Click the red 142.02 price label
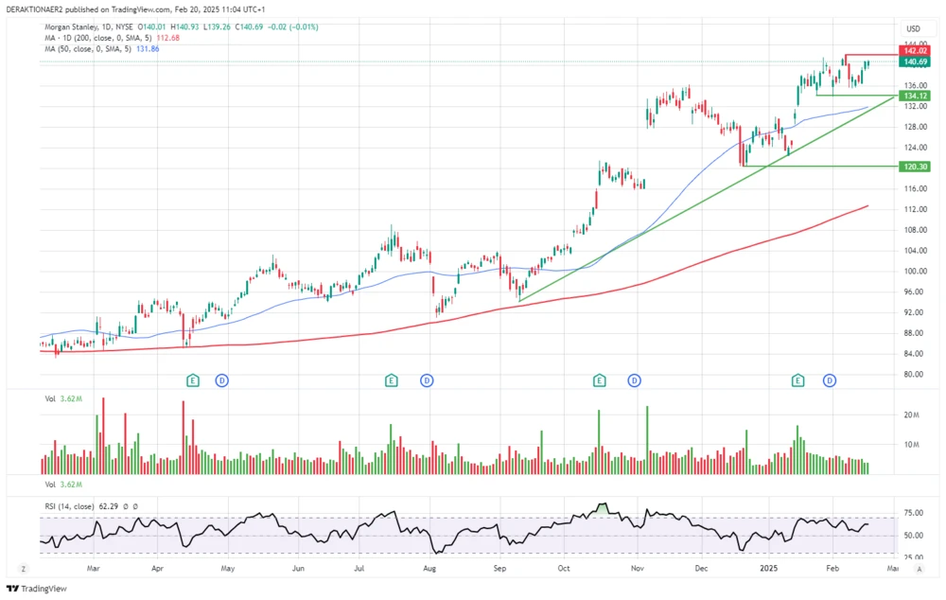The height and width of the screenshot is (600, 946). coord(914,52)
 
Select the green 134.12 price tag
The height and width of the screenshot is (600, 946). coord(914,96)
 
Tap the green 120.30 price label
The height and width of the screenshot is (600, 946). coord(914,166)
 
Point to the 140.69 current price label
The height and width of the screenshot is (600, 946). coord(914,62)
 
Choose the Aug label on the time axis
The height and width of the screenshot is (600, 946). coord(429,570)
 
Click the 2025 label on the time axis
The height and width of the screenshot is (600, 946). coord(768,570)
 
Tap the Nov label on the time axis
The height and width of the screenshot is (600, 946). coord(638,570)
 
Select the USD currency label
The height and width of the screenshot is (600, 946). coord(913,28)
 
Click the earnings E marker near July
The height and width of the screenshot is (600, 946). coord(391,380)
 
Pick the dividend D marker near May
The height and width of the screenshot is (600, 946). coord(223,380)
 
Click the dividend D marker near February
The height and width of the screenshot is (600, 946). coord(830,380)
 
